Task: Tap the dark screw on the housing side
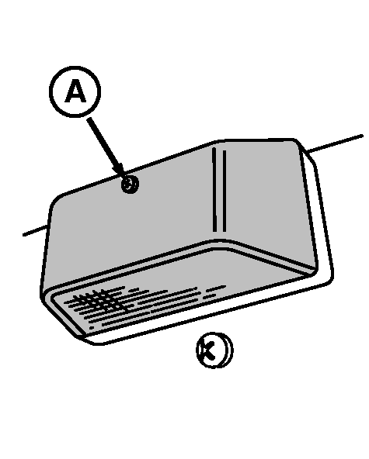(130, 185)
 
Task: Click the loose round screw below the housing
(214, 350)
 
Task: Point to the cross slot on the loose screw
(208, 350)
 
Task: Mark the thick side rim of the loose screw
(228, 350)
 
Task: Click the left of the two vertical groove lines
(214, 190)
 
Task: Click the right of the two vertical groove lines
(225, 191)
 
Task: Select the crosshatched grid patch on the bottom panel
(97, 300)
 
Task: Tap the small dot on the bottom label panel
(92, 328)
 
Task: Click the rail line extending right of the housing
(334, 143)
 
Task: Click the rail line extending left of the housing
(35, 230)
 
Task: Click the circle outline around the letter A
(75, 67)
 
